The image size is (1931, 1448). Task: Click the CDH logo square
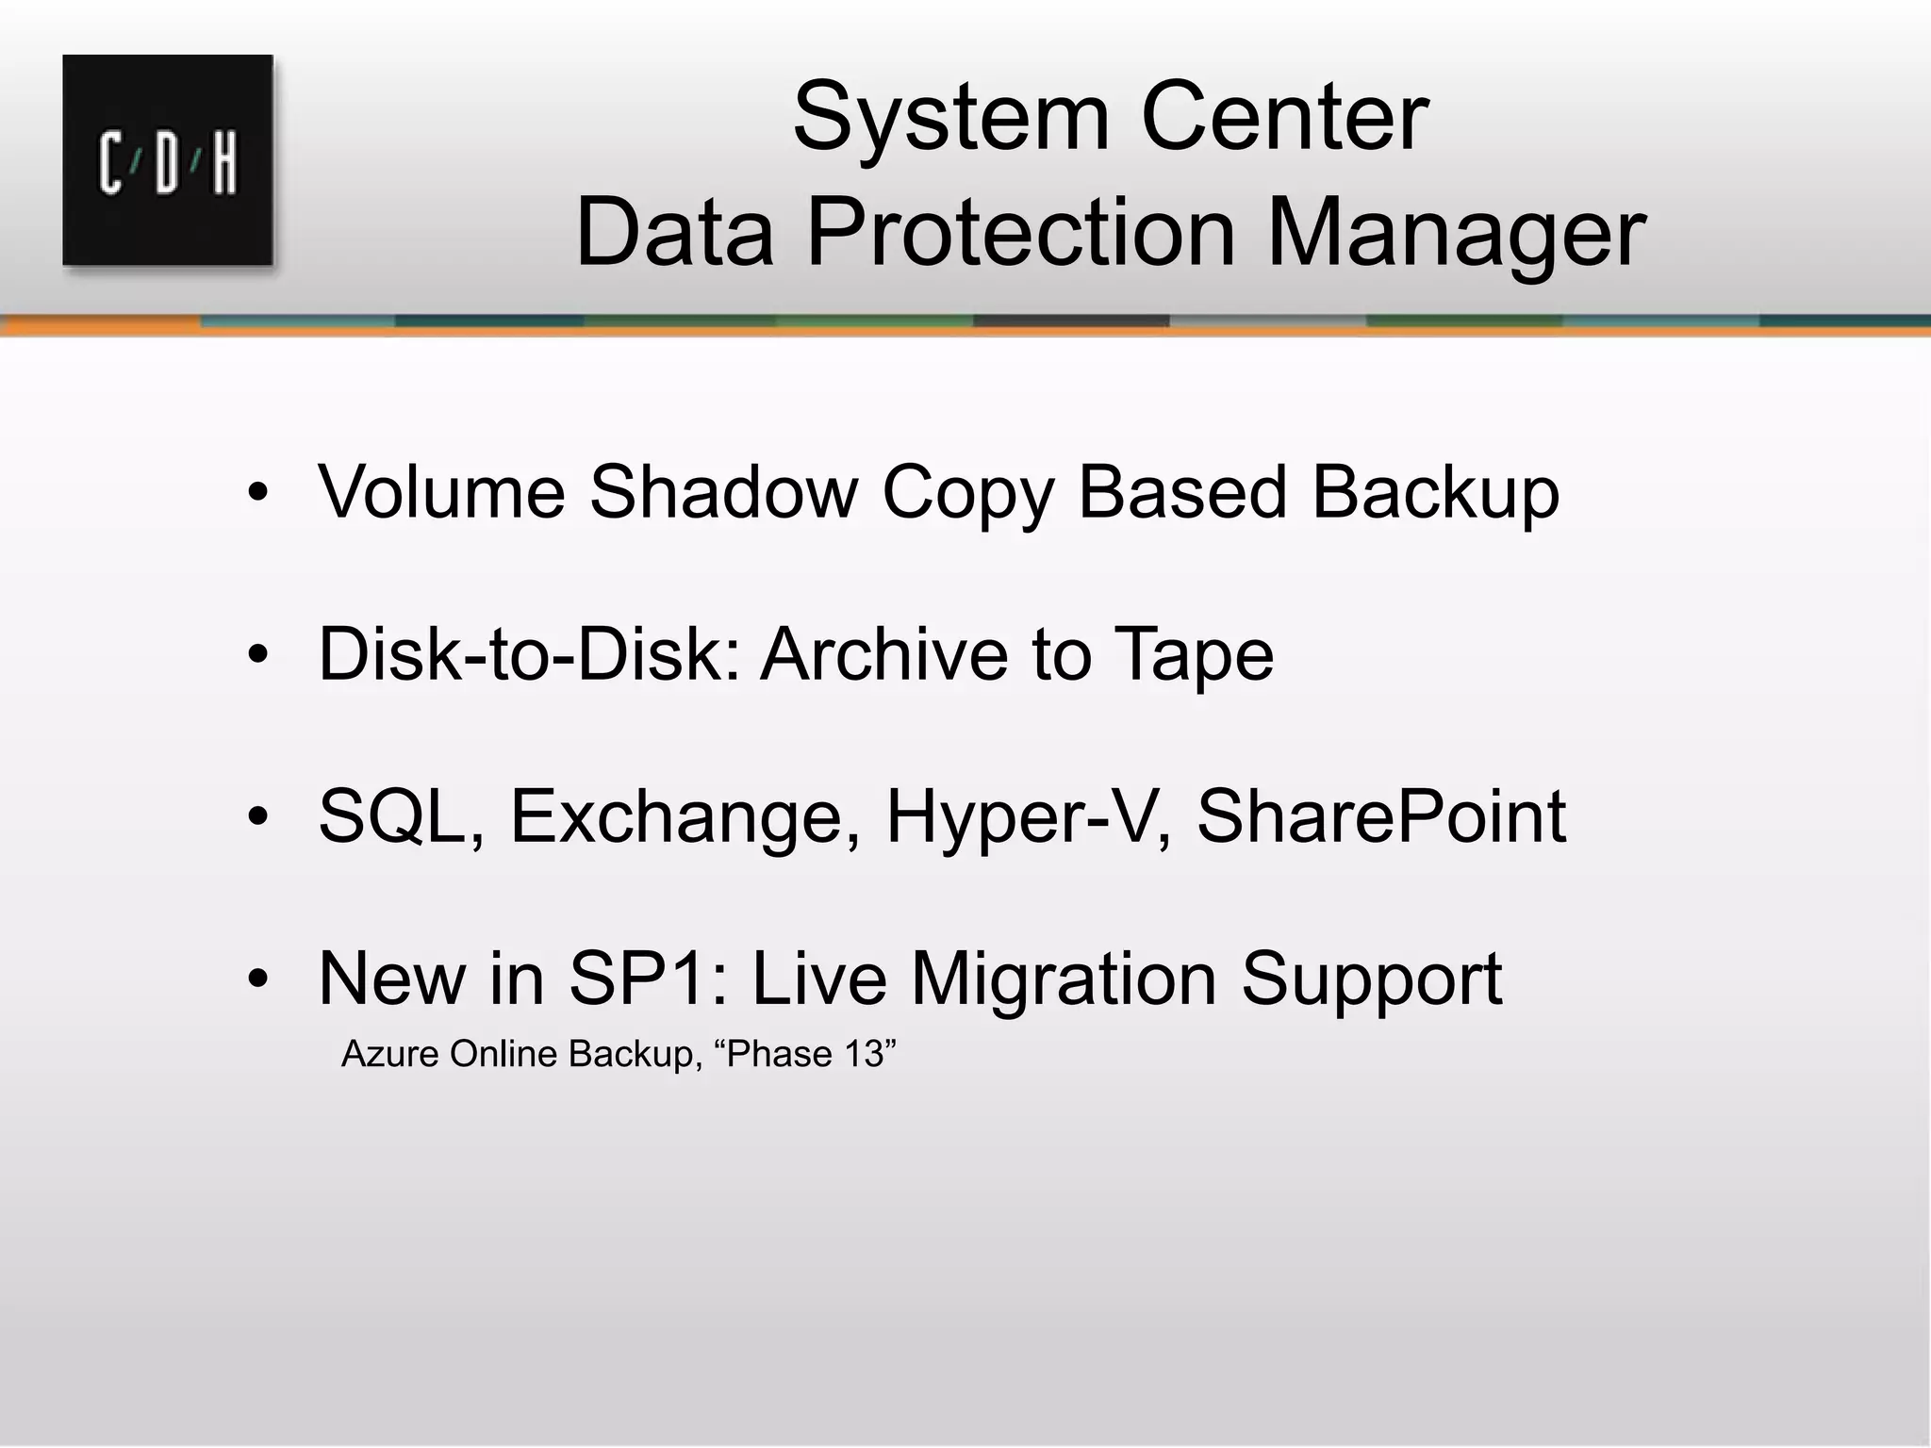(168, 160)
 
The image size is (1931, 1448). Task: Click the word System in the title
(951, 117)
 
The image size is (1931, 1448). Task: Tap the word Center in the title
(1284, 117)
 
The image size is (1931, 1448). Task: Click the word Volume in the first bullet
(441, 491)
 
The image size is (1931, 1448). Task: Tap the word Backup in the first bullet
(1435, 493)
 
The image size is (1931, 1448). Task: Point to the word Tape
(1194, 655)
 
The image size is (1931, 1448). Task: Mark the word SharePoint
(1380, 816)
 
